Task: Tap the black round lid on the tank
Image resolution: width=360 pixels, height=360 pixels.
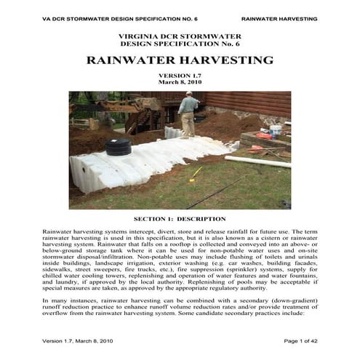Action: coord(118,148)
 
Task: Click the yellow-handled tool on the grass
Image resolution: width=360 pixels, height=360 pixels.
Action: coord(195,174)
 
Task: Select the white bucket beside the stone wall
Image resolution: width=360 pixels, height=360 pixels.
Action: coord(275,131)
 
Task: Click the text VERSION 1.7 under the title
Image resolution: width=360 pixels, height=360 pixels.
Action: coord(180,76)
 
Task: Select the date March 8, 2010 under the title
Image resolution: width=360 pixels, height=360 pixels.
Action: coord(180,84)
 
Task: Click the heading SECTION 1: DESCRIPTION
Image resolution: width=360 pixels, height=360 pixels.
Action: coord(180,218)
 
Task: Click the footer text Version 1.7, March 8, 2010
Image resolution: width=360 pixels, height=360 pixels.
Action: coord(77,341)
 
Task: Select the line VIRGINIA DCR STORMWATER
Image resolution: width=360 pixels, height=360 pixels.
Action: coord(180,36)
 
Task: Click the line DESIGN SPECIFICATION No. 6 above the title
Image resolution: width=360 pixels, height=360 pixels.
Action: coord(180,44)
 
